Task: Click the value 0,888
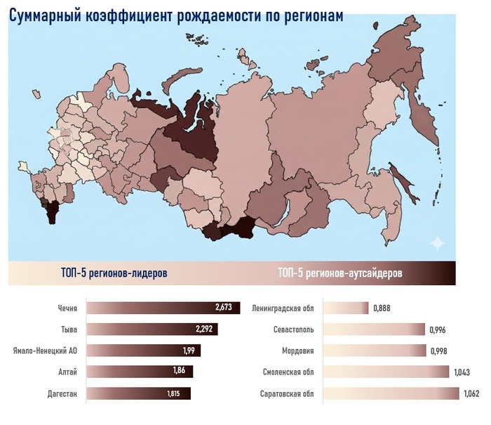pos(382,308)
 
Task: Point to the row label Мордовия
pos(297,351)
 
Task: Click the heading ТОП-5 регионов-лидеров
pos(114,272)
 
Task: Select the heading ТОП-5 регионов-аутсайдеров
pos(339,272)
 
